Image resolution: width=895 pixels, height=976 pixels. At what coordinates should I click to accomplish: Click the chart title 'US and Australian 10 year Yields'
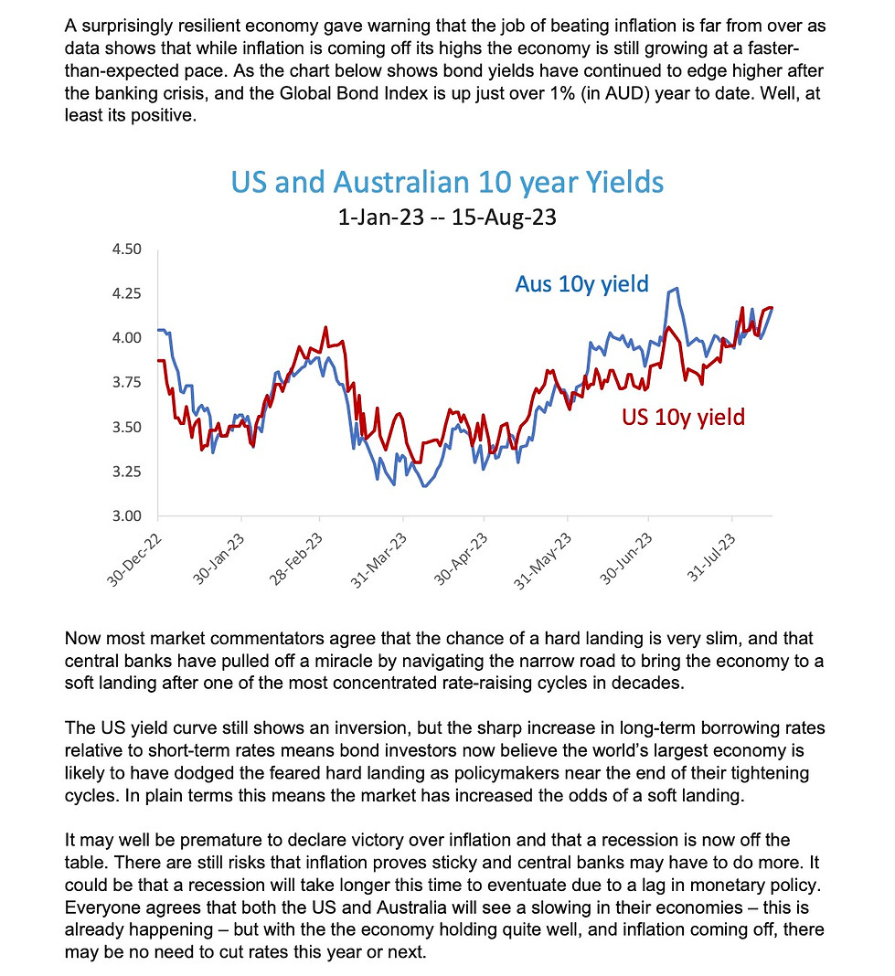[447, 182]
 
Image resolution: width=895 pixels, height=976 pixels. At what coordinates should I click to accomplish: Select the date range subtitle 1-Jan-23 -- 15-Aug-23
[447, 219]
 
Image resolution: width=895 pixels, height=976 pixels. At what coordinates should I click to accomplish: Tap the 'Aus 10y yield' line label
[581, 284]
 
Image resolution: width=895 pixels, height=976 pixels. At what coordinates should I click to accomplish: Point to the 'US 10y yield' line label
[684, 418]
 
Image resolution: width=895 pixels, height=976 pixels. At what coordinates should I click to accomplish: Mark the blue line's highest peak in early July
[675, 290]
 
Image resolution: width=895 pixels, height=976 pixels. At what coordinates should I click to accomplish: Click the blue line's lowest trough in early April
[424, 486]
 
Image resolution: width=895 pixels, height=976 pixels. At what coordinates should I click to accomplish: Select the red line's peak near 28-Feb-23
[325, 327]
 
